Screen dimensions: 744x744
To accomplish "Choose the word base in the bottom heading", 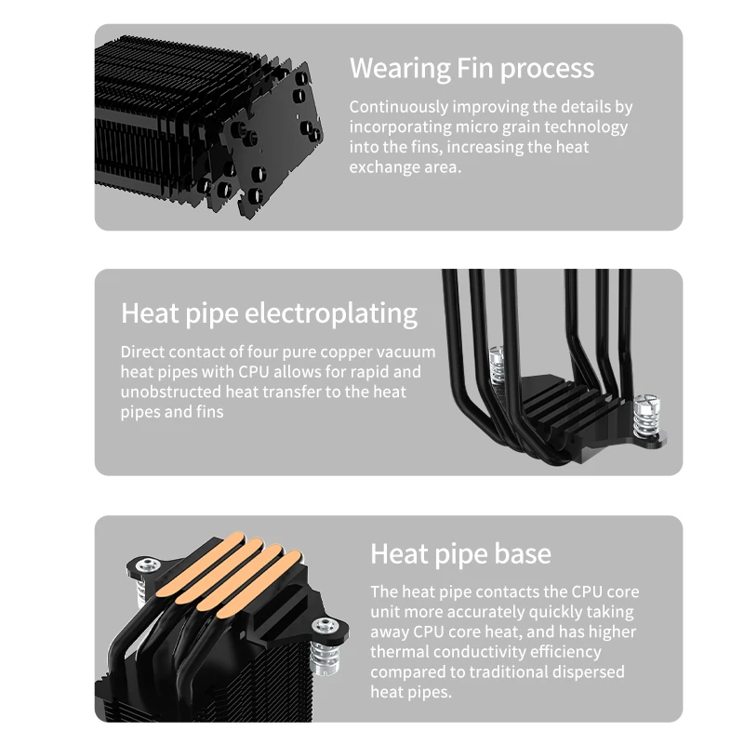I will [523, 553].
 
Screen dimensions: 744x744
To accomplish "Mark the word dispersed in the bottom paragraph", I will [591, 671].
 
